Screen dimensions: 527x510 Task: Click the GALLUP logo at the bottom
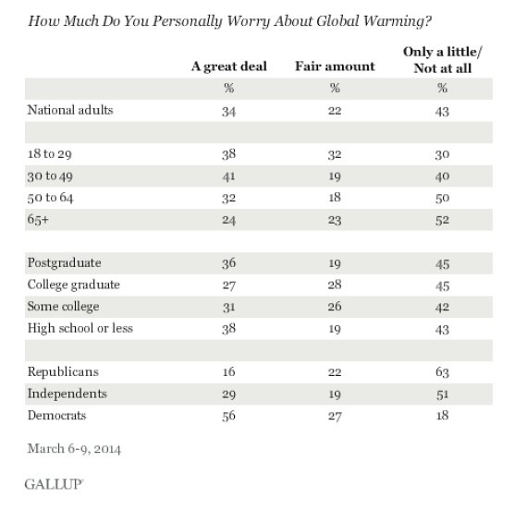coord(54,484)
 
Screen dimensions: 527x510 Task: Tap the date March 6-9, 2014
coord(74,449)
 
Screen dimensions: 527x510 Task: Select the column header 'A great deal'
coord(229,67)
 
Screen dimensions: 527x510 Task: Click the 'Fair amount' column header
coord(335,67)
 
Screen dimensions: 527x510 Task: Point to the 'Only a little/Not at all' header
coord(442,60)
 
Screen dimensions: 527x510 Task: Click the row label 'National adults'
coord(70,110)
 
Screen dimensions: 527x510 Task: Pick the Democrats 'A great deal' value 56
coord(228,416)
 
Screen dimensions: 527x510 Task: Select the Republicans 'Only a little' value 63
coord(442,372)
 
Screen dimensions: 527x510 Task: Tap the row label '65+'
coord(38,219)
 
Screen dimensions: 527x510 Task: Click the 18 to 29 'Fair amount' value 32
coord(335,154)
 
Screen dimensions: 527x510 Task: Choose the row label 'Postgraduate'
coord(64,262)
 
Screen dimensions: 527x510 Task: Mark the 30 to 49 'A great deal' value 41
coord(228,176)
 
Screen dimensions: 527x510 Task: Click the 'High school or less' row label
coord(80,328)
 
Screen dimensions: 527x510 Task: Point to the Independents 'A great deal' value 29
coord(228,395)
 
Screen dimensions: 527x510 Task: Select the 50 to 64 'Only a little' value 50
coord(442,199)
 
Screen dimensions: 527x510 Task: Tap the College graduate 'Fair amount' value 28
coord(335,285)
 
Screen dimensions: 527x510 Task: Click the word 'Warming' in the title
coord(390,21)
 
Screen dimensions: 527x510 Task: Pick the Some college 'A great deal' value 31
coord(228,307)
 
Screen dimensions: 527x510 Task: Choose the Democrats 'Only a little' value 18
coord(442,416)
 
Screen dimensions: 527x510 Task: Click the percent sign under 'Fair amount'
coord(335,88)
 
